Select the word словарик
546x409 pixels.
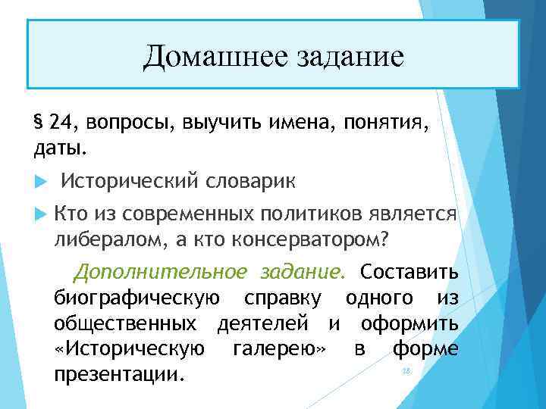pos(249,180)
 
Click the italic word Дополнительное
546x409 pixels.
pos(160,271)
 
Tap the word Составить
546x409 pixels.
pos(409,271)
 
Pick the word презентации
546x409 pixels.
pos(119,374)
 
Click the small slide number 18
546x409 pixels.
pos(405,371)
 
